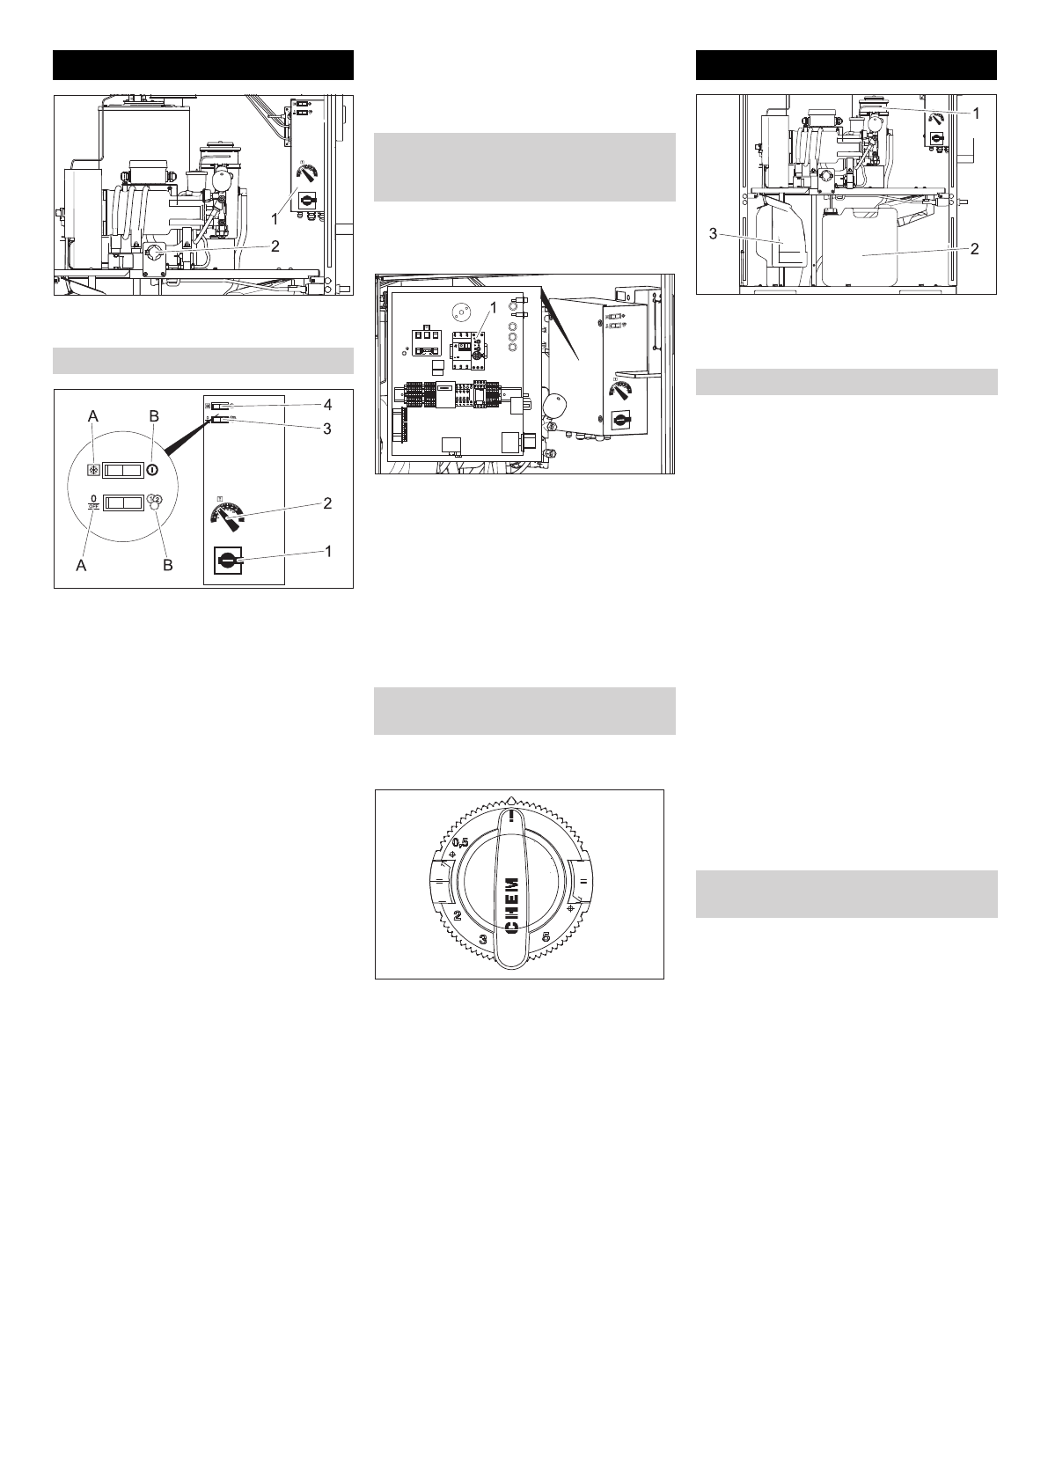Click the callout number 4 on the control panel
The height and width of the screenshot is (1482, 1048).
pyautogui.click(x=326, y=404)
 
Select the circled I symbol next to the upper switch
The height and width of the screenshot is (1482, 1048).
pyautogui.click(x=153, y=471)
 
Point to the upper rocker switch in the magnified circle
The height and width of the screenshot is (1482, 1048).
pyautogui.click(x=123, y=471)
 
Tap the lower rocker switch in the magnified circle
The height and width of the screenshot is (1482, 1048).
pyautogui.click(x=123, y=503)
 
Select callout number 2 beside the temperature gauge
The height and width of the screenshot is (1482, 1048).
pyautogui.click(x=326, y=503)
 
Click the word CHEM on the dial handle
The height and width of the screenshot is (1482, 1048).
pyautogui.click(x=512, y=907)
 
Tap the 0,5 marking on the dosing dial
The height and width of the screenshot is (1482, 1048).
pyautogui.click(x=460, y=843)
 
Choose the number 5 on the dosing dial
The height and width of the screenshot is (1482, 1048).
pyautogui.click(x=546, y=937)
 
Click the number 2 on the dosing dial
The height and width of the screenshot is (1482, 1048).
pyautogui.click(x=458, y=915)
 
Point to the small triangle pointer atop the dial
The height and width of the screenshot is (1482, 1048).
pyautogui.click(x=512, y=799)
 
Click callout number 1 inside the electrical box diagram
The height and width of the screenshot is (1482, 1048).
pyautogui.click(x=492, y=308)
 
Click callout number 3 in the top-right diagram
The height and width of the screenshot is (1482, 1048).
pyautogui.click(x=713, y=234)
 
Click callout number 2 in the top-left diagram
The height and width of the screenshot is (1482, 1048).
pyautogui.click(x=275, y=246)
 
